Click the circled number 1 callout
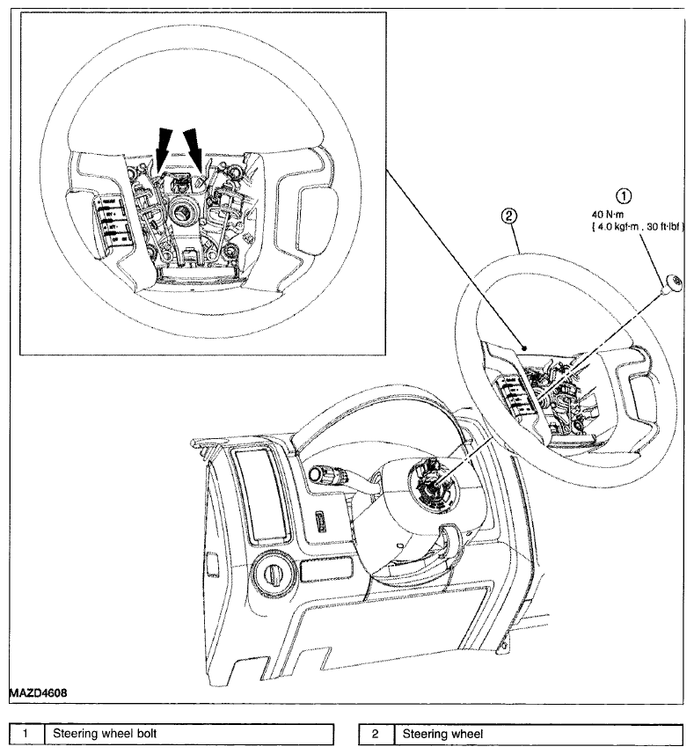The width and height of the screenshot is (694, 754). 624,196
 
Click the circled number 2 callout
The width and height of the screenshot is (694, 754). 509,216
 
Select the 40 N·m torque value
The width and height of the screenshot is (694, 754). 608,215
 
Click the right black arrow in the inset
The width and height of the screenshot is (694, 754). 194,148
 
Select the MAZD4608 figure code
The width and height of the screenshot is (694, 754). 38,693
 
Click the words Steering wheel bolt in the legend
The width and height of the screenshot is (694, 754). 105,733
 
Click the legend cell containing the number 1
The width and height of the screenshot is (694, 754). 26,735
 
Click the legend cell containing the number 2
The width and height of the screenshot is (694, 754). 376,735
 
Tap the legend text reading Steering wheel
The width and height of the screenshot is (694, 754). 442,734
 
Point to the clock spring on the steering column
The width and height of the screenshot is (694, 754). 433,479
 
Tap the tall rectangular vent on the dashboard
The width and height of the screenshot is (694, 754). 261,494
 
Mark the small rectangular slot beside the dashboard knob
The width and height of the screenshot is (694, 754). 325,570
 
